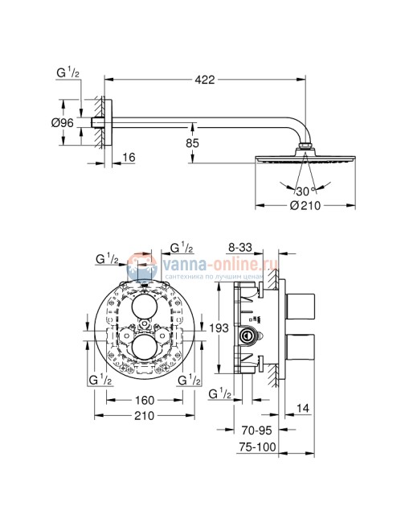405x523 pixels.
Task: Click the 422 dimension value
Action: click(x=205, y=79)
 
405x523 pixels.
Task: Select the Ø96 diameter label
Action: click(x=63, y=122)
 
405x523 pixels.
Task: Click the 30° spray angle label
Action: click(x=301, y=191)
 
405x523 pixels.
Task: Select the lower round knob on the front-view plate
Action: click(x=143, y=348)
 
